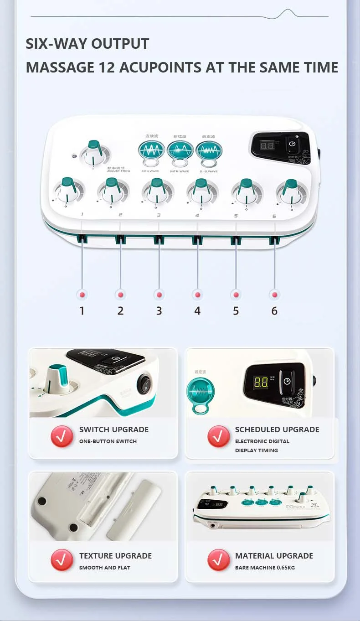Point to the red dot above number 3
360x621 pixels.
point(159,295)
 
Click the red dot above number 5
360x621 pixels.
point(236,295)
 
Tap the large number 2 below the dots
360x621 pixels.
point(120,310)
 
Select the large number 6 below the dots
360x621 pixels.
point(274,310)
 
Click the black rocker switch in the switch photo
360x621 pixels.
point(145,383)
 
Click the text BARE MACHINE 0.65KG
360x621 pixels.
point(265,568)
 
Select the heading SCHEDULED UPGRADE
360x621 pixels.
point(277,430)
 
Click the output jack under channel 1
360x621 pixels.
point(82,238)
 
